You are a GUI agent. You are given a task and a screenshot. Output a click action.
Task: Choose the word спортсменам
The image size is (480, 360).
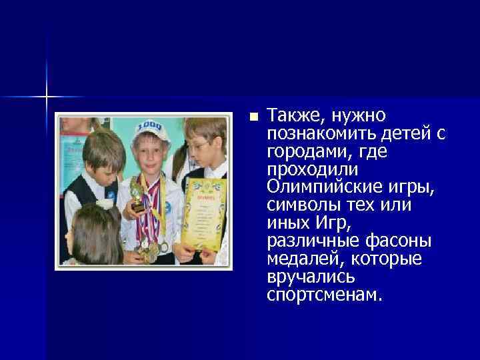324,295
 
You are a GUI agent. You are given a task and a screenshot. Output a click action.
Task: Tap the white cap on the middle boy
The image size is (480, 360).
152,128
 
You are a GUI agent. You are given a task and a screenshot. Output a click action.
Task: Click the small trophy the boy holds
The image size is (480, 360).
137,197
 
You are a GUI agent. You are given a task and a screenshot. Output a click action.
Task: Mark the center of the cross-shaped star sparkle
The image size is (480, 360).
47,97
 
